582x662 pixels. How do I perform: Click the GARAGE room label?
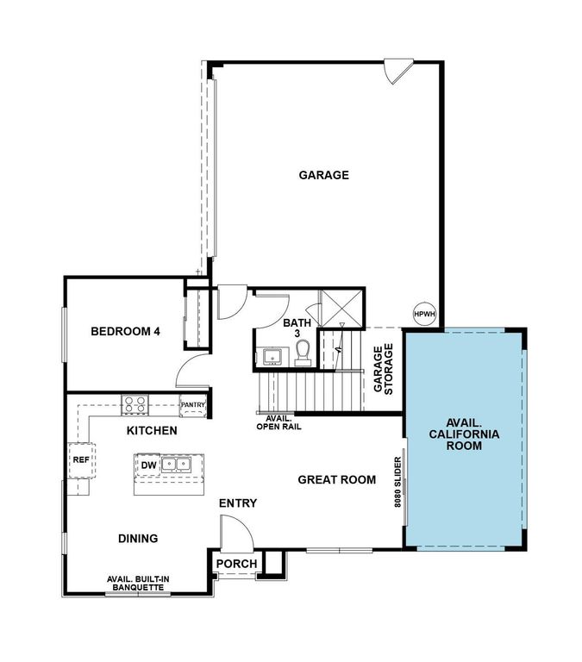click(323, 175)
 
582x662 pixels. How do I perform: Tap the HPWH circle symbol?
click(425, 315)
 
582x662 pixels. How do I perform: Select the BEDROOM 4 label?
click(125, 331)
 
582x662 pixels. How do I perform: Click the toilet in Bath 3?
click(303, 352)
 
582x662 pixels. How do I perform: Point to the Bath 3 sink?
click(272, 356)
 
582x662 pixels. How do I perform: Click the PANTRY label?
click(192, 404)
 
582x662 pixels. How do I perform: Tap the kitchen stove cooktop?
click(135, 403)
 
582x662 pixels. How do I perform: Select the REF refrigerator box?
click(80, 460)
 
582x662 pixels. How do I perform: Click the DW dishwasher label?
click(148, 465)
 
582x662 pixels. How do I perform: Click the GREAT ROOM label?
click(337, 480)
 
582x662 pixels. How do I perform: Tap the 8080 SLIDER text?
click(398, 490)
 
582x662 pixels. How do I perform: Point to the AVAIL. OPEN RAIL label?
click(278, 422)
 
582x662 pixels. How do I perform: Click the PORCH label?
click(236, 565)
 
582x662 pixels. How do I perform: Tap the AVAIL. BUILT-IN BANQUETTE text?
click(135, 583)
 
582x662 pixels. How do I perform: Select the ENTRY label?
click(237, 503)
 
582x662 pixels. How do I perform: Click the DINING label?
click(138, 539)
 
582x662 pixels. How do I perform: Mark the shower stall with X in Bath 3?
click(339, 307)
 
